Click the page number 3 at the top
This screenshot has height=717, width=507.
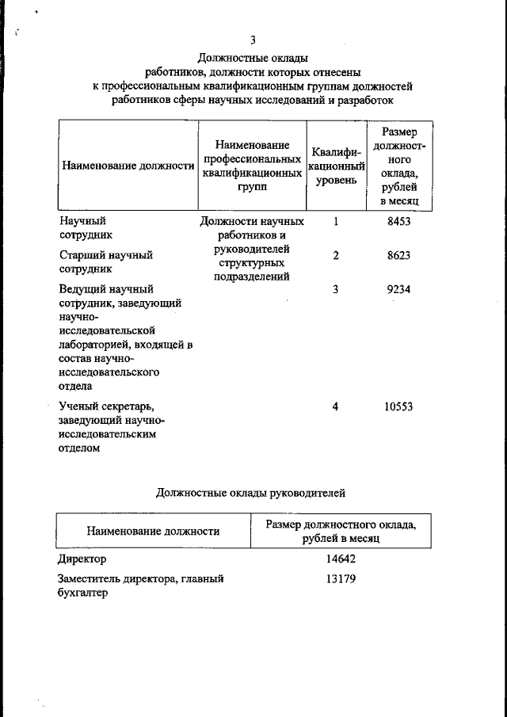[253, 40]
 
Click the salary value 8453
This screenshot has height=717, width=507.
[399, 222]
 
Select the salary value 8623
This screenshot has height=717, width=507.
[399, 255]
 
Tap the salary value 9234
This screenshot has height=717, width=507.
[399, 289]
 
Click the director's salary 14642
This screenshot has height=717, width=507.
[341, 559]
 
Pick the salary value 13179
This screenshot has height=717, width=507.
[341, 578]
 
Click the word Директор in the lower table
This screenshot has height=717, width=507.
[82, 559]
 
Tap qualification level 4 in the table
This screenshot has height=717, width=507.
[336, 406]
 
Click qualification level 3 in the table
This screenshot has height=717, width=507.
[336, 289]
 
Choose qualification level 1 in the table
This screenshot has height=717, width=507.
[336, 222]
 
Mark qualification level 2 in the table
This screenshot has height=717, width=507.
[336, 255]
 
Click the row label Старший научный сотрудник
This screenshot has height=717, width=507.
[106, 261]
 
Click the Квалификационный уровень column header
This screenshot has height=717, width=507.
[336, 166]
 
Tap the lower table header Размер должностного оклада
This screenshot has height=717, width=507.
[341, 531]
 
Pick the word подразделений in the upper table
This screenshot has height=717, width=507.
[252, 277]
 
